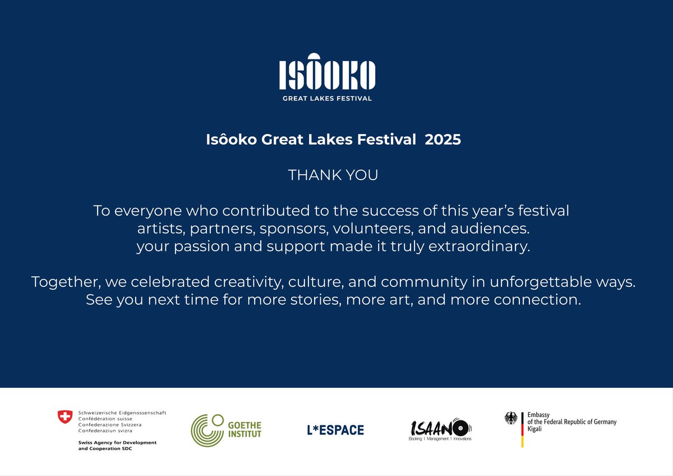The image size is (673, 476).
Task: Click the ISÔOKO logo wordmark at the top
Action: click(328, 73)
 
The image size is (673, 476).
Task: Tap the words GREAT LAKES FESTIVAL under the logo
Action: click(328, 98)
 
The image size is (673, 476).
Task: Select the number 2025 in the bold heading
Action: click(442, 140)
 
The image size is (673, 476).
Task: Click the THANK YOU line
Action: click(333, 175)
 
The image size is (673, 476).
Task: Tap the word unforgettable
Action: click(553, 282)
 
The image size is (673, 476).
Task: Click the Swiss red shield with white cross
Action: click(65, 417)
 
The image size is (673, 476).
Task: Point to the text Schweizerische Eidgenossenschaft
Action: click(122, 413)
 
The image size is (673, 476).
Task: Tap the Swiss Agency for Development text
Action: click(117, 442)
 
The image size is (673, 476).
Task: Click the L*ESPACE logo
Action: click(335, 430)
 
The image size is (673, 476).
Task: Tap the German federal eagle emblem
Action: click(511, 418)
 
